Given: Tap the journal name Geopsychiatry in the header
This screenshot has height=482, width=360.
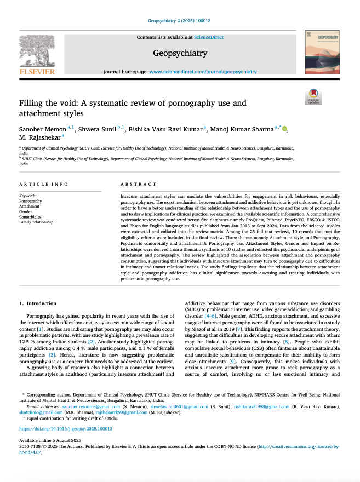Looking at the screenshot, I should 180,53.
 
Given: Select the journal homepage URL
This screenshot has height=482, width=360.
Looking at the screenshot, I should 203,72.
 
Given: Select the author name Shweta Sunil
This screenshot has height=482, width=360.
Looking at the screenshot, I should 98,129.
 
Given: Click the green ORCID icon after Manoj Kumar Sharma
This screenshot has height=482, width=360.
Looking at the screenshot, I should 284,129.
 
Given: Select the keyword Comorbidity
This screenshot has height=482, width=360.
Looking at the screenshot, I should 31,217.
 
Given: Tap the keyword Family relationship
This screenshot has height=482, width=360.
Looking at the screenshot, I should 36,222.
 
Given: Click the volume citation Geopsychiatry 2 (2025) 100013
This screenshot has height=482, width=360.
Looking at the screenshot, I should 180,21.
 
